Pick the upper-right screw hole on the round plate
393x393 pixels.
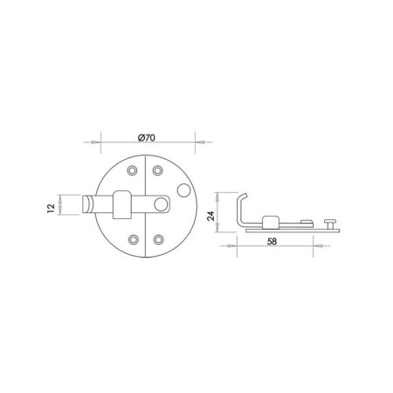(158, 170)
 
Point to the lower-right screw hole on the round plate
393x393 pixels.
(158, 237)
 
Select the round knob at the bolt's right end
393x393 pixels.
(162, 205)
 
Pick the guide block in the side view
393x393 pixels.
(267, 221)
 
